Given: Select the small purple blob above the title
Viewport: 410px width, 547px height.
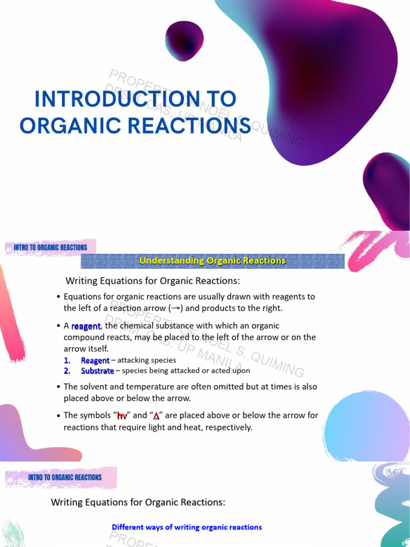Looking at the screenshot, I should (x=184, y=41).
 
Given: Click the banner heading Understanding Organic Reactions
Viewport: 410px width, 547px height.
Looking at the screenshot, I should (x=212, y=261).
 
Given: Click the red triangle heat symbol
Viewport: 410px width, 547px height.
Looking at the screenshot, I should (x=156, y=416).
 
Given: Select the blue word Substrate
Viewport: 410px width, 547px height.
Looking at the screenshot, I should (x=97, y=371).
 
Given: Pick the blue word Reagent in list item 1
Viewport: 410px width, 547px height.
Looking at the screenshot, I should (x=95, y=361).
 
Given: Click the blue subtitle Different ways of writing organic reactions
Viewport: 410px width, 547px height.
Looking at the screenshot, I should (x=187, y=527).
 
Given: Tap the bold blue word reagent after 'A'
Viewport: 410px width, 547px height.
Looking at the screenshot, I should (x=85, y=326).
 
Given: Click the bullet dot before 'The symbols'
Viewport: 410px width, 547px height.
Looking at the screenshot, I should (x=58, y=416).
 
